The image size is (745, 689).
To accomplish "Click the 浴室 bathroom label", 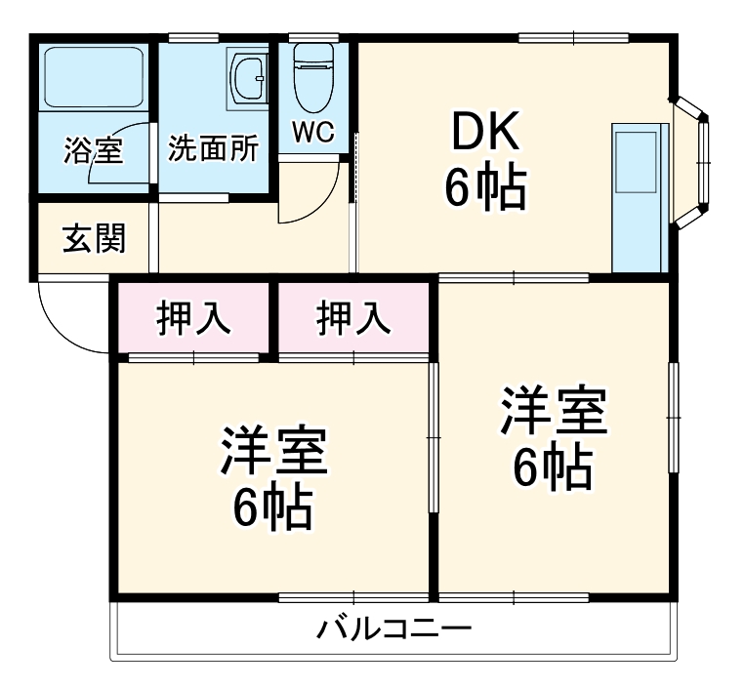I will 94,151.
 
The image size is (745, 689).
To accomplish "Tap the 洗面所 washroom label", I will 214,148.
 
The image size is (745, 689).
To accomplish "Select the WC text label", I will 313,133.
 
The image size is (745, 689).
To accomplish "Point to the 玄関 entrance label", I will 94,238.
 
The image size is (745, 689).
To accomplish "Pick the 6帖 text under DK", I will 485,188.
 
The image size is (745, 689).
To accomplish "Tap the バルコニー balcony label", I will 393,628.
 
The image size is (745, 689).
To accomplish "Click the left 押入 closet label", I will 193,317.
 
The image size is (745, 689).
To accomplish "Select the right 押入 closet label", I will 353,317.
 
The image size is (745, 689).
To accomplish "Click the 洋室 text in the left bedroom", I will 273,449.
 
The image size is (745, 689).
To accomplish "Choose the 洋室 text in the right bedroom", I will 554,411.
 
